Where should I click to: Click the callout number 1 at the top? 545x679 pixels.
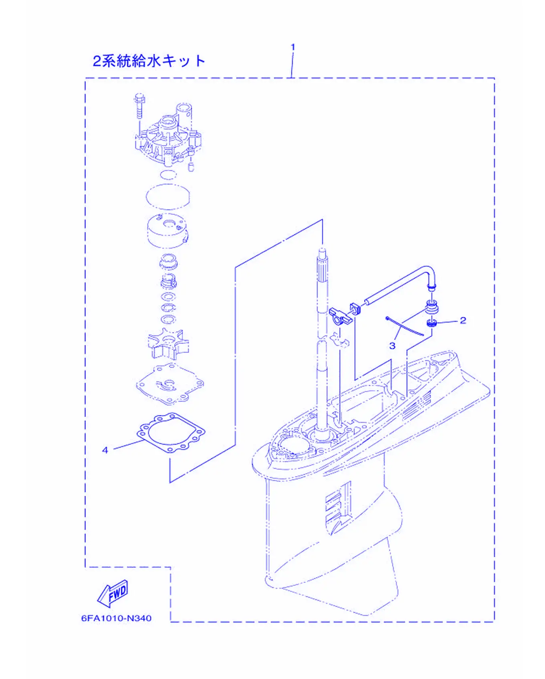click(293, 47)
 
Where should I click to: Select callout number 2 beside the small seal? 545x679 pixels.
click(463, 320)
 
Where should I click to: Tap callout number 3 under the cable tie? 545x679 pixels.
click(392, 346)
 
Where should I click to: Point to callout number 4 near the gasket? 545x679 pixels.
click(105, 450)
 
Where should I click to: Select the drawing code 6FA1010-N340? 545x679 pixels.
click(116, 618)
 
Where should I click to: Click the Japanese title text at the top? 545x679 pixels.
click(149, 61)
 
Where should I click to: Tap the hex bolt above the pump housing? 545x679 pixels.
click(139, 105)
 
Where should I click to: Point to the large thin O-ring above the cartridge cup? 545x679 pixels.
click(168, 196)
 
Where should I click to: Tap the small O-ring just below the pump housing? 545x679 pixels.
click(168, 175)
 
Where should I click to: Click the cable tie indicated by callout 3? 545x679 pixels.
click(405, 326)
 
